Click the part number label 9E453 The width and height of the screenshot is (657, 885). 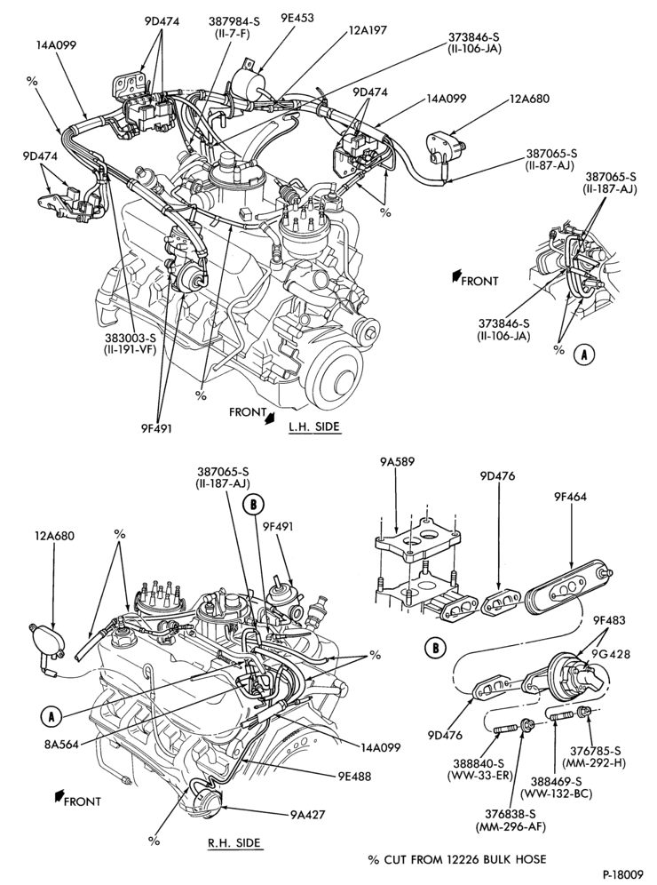pyautogui.click(x=297, y=18)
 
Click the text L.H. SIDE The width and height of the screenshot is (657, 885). pyautogui.click(x=314, y=427)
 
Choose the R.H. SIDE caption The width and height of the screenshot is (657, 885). pyautogui.click(x=234, y=843)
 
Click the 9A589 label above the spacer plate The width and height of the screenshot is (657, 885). pyautogui.click(x=397, y=462)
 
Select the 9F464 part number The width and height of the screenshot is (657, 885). pyautogui.click(x=570, y=497)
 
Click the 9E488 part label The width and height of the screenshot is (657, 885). pyautogui.click(x=355, y=777)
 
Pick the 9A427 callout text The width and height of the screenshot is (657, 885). pyautogui.click(x=308, y=815)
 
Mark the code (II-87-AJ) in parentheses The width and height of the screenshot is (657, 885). pyautogui.click(x=550, y=165)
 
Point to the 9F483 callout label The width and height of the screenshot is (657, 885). pyautogui.click(x=610, y=621)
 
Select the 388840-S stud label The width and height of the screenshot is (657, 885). pyautogui.click(x=479, y=763)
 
